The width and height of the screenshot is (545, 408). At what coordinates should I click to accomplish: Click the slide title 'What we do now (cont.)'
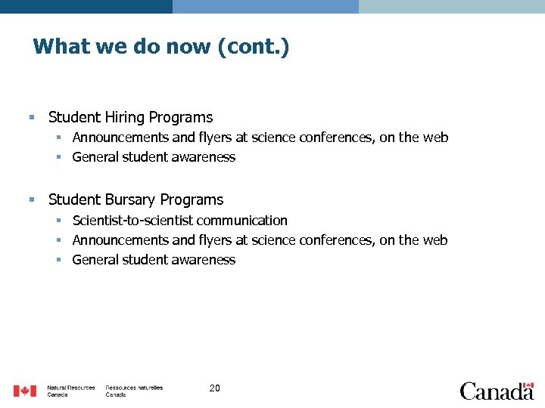[161, 47]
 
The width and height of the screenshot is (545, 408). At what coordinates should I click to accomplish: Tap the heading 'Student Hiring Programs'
[130, 118]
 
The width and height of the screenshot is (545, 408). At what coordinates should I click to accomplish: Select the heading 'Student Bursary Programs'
[135, 200]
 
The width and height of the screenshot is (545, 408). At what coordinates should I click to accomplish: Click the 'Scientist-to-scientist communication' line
[179, 221]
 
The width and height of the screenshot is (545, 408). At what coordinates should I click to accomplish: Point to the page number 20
[214, 388]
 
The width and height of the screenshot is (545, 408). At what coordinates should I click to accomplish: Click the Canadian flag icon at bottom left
[24, 391]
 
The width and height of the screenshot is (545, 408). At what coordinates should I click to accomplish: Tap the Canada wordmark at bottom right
[496, 391]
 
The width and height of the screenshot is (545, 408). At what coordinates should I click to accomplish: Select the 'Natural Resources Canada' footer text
[71, 391]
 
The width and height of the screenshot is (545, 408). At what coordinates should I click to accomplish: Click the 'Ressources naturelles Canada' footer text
[134, 391]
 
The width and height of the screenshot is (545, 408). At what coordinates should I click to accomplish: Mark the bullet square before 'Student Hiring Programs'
[31, 117]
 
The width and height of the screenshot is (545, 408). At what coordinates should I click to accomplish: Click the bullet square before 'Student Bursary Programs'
[31, 199]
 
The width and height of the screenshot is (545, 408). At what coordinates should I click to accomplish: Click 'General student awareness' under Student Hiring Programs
[154, 157]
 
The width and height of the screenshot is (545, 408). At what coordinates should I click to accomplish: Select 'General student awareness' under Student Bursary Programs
[154, 260]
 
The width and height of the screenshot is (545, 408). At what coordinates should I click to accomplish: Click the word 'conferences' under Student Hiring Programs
[321, 138]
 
